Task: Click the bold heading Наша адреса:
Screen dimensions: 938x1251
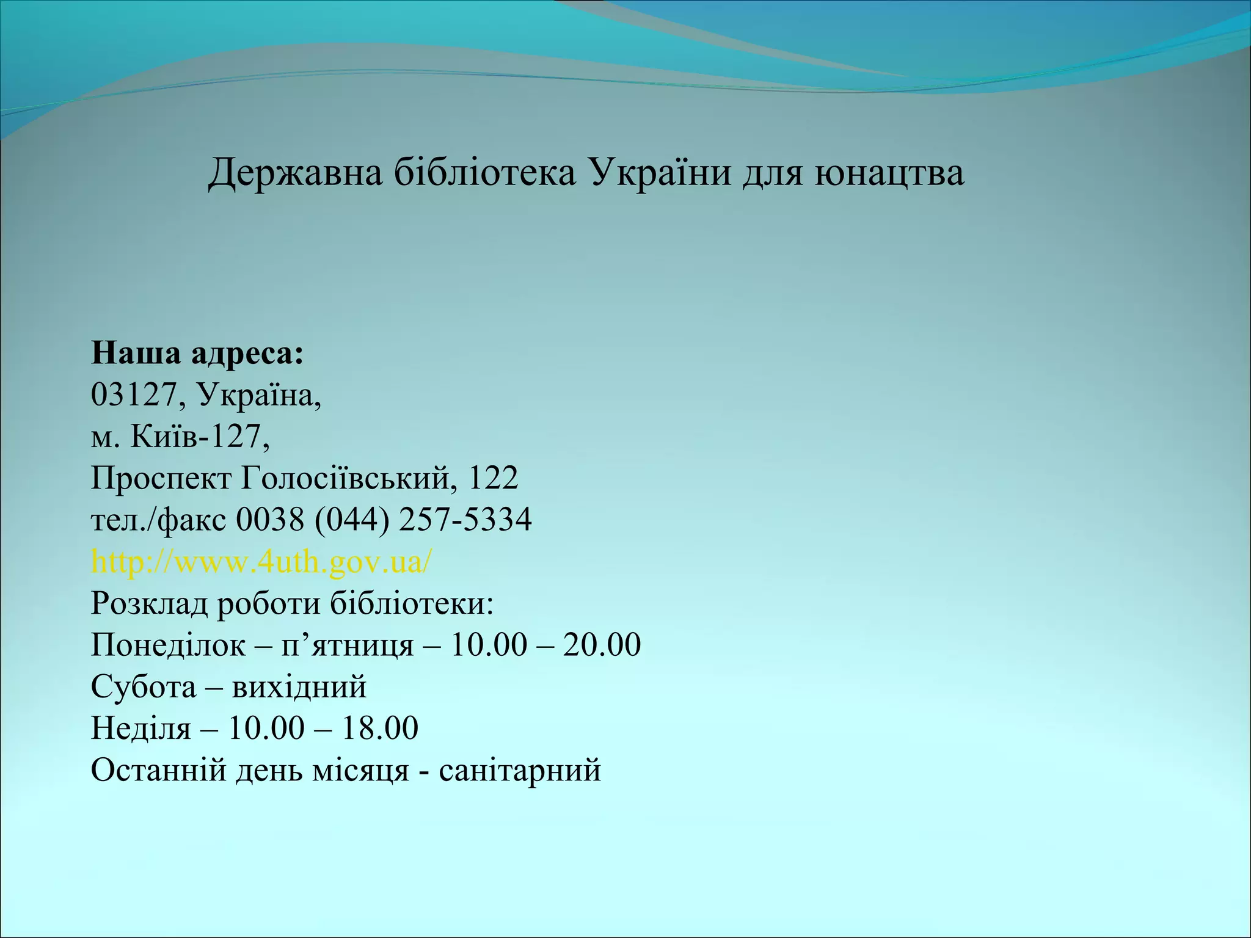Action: click(197, 354)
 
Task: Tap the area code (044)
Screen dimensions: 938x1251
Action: click(352, 520)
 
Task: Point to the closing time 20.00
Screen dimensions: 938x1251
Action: click(602, 645)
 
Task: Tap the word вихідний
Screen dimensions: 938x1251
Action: click(299, 686)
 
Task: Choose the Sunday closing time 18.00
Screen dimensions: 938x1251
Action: click(379, 728)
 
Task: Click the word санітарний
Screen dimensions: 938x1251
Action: click(520, 769)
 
